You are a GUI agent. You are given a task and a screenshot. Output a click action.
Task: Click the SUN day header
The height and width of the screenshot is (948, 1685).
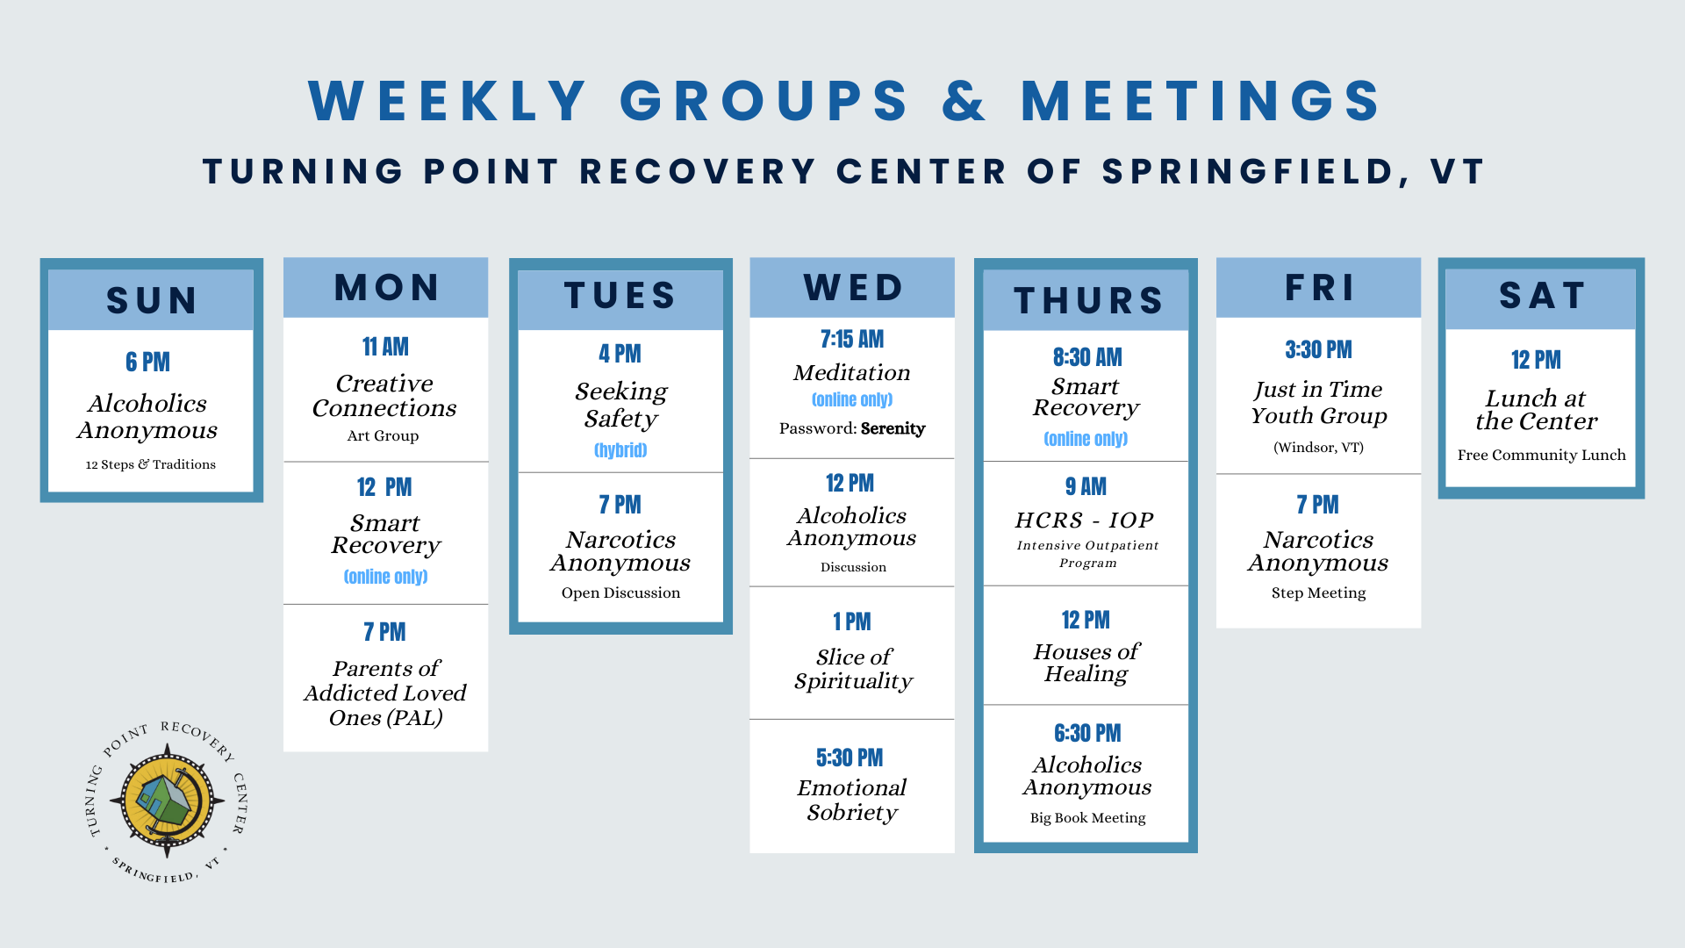(151, 300)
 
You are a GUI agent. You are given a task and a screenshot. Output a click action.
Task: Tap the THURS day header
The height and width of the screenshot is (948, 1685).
(1087, 301)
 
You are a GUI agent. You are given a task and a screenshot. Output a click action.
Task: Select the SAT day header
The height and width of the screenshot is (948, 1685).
(1541, 296)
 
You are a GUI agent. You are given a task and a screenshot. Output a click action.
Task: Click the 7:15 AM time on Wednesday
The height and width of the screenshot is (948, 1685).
(851, 340)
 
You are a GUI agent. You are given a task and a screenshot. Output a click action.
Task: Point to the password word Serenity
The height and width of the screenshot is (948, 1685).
(893, 428)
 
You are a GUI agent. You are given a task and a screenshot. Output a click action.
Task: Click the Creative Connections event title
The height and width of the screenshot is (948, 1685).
(384, 396)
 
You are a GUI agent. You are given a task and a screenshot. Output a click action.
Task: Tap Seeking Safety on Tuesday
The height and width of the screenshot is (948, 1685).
(620, 405)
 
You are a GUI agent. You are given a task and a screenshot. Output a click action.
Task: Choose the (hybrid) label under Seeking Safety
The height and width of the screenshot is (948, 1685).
(620, 450)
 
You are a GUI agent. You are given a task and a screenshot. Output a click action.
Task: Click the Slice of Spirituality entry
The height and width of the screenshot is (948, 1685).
(852, 669)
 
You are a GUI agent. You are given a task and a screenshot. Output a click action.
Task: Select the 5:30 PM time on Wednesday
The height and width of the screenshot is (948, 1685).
(850, 758)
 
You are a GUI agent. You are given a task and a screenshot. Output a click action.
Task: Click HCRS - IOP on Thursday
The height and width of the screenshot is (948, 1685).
(1085, 521)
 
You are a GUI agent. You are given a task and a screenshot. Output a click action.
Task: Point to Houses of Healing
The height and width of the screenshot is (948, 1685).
(1086, 663)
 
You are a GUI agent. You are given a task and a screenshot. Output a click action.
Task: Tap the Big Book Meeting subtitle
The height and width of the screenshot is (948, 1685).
(1087, 818)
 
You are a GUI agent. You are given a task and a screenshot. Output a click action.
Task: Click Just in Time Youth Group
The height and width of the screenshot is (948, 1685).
(1318, 402)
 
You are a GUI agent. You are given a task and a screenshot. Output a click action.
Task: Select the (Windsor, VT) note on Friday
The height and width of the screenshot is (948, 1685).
(1318, 448)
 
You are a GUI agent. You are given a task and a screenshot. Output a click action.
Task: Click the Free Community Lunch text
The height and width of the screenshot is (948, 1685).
(1541, 456)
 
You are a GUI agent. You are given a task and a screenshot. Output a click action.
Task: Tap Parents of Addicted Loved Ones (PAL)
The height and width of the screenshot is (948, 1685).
(385, 693)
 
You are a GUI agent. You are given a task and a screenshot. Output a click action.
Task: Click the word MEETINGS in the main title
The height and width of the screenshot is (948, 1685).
(1201, 101)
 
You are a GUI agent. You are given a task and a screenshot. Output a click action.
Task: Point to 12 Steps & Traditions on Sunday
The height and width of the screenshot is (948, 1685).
(150, 464)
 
